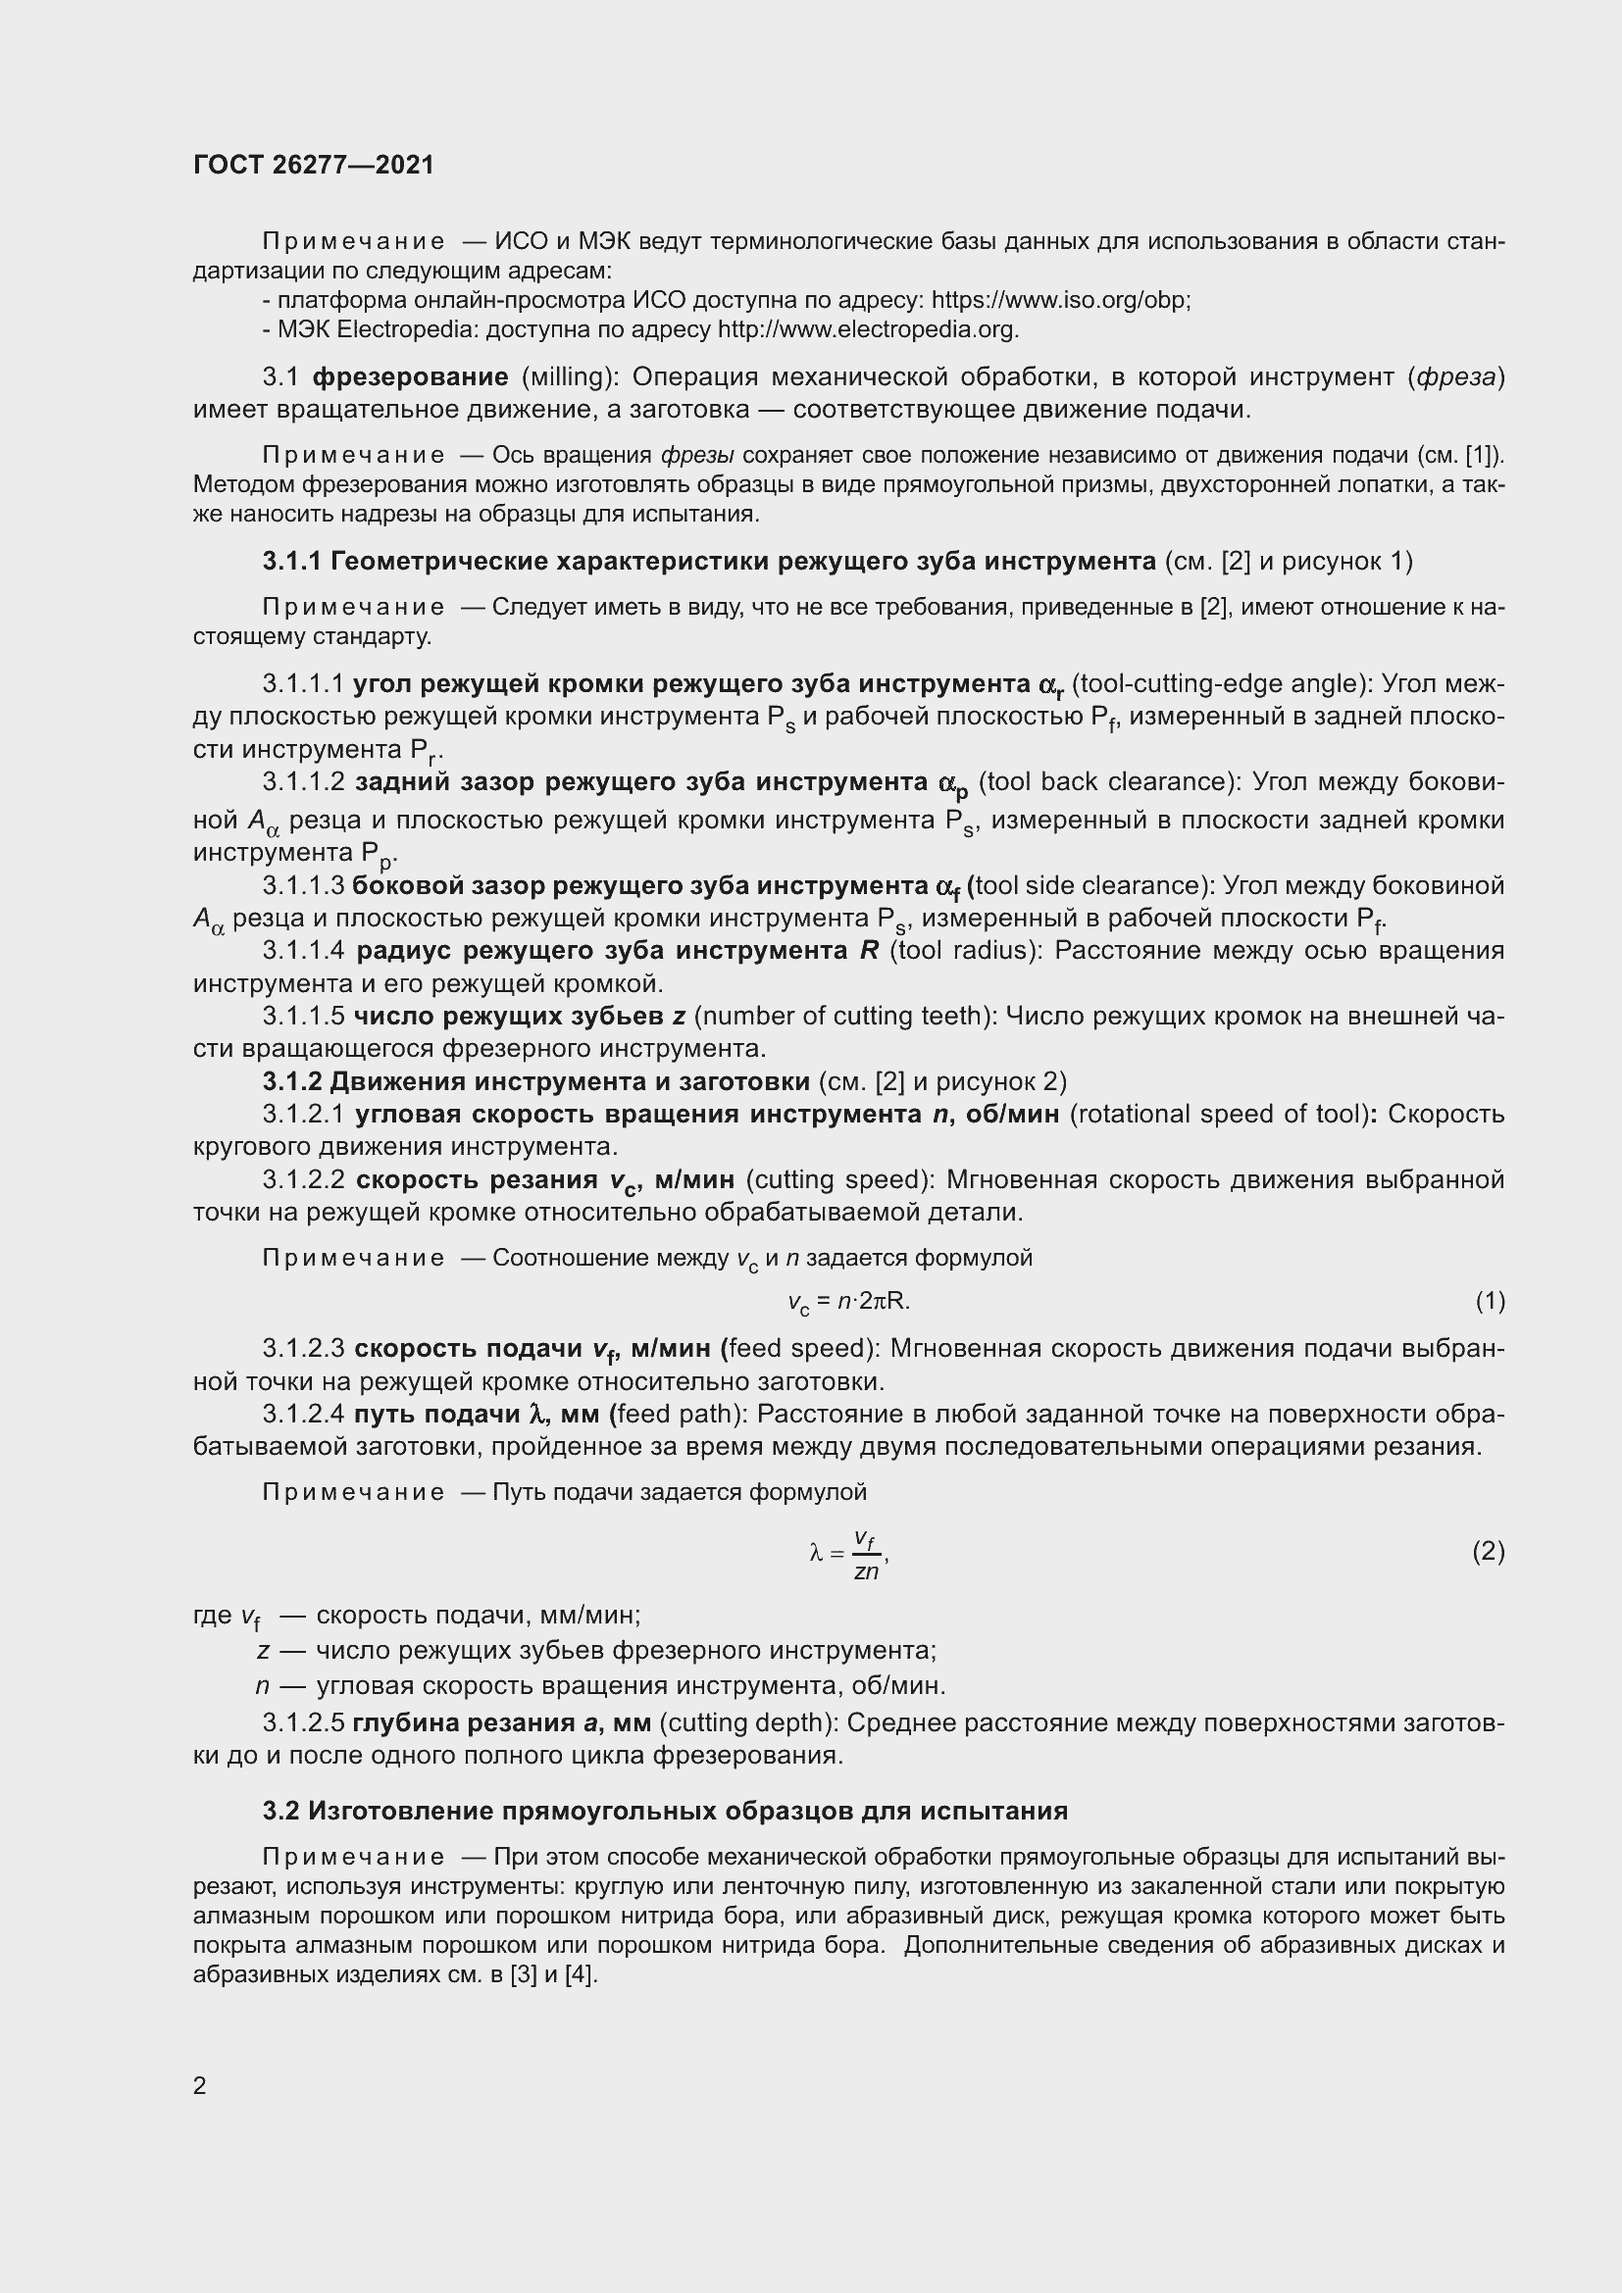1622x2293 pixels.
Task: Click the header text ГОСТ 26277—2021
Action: [314, 165]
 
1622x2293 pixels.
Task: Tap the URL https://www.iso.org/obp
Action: [1060, 301]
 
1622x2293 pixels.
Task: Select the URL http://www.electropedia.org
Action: [867, 329]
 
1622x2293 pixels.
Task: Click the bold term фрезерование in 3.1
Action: [411, 377]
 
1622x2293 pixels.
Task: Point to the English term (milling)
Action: [564, 377]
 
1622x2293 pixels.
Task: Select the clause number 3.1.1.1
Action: [303, 685]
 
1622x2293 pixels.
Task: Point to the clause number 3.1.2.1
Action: [303, 1114]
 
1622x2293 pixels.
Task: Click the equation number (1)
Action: [1490, 1301]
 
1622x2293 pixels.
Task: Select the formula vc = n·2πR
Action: [848, 1302]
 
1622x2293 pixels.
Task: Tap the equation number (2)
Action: [1489, 1551]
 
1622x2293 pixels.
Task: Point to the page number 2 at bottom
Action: [200, 2086]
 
